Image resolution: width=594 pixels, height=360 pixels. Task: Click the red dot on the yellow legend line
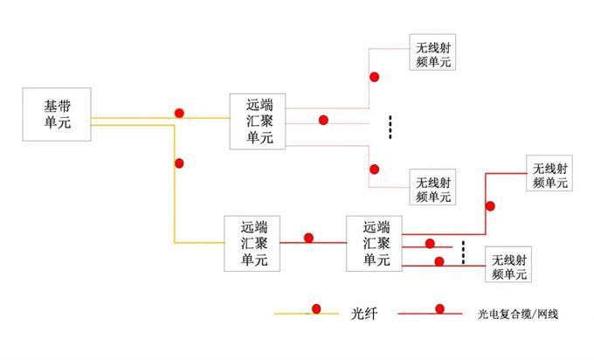coord(316,308)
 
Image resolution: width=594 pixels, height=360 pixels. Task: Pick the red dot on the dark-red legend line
coord(440,308)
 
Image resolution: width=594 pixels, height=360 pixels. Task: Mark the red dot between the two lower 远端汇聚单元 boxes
coord(308,237)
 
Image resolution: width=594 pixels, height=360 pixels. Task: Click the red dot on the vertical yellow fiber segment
coord(179,163)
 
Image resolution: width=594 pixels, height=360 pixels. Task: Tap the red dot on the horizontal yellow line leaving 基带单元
coord(179,113)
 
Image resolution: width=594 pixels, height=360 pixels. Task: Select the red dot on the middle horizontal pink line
coord(323,120)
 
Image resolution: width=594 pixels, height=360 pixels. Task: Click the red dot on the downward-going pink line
coord(374,169)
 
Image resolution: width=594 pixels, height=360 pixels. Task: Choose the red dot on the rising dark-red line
coord(490,206)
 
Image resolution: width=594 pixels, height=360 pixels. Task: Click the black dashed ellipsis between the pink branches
coord(390,127)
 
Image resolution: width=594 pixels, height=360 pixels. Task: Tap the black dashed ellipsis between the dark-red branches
coord(463,252)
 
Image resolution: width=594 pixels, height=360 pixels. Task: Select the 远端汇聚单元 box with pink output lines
coord(259,121)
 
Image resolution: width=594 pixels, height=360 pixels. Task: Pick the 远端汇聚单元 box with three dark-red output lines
coord(371,242)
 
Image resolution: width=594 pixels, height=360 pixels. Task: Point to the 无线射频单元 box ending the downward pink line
coord(434,189)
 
